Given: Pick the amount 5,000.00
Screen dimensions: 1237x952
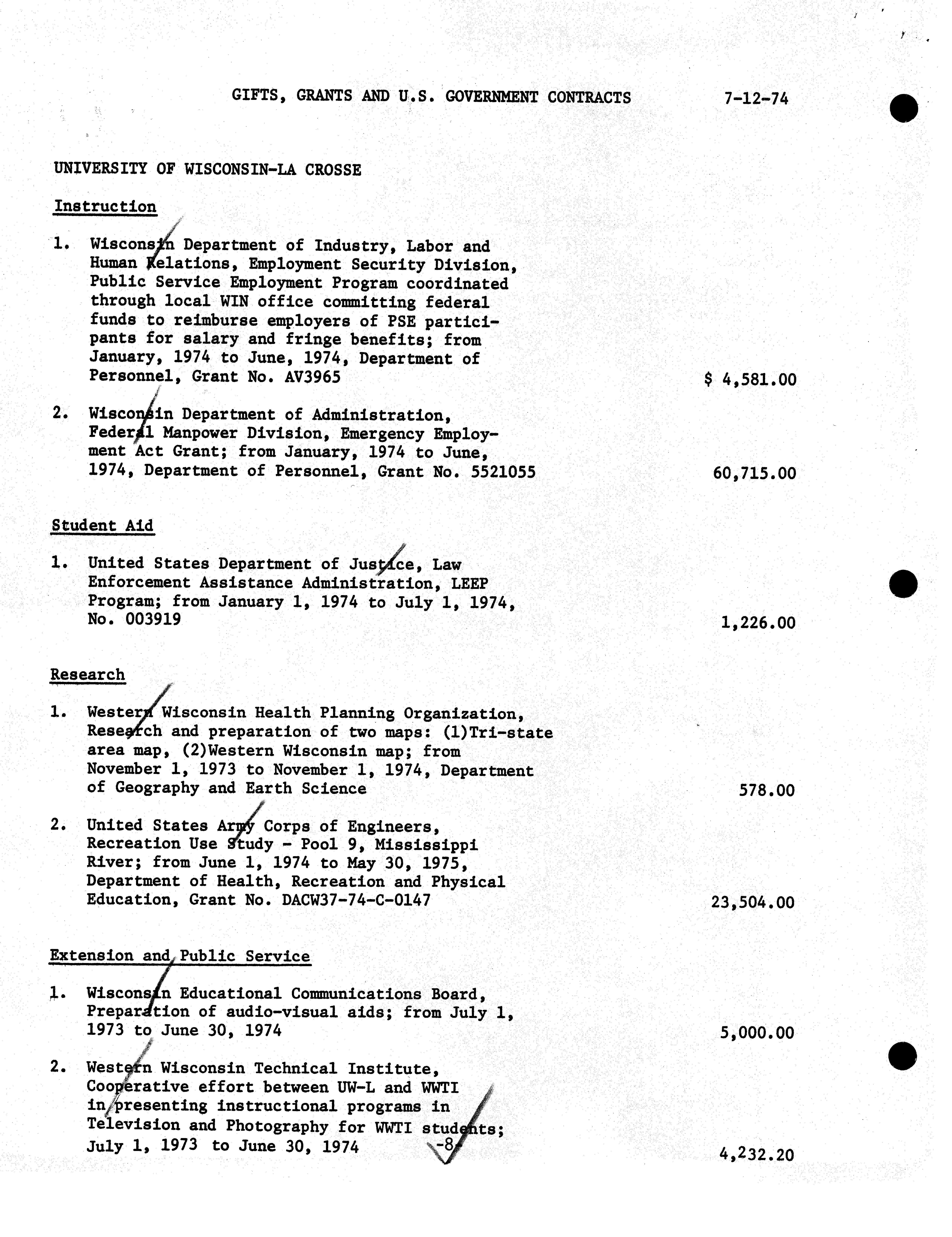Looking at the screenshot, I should pos(757,1033).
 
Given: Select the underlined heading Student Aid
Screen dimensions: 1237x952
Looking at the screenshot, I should pos(103,526).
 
